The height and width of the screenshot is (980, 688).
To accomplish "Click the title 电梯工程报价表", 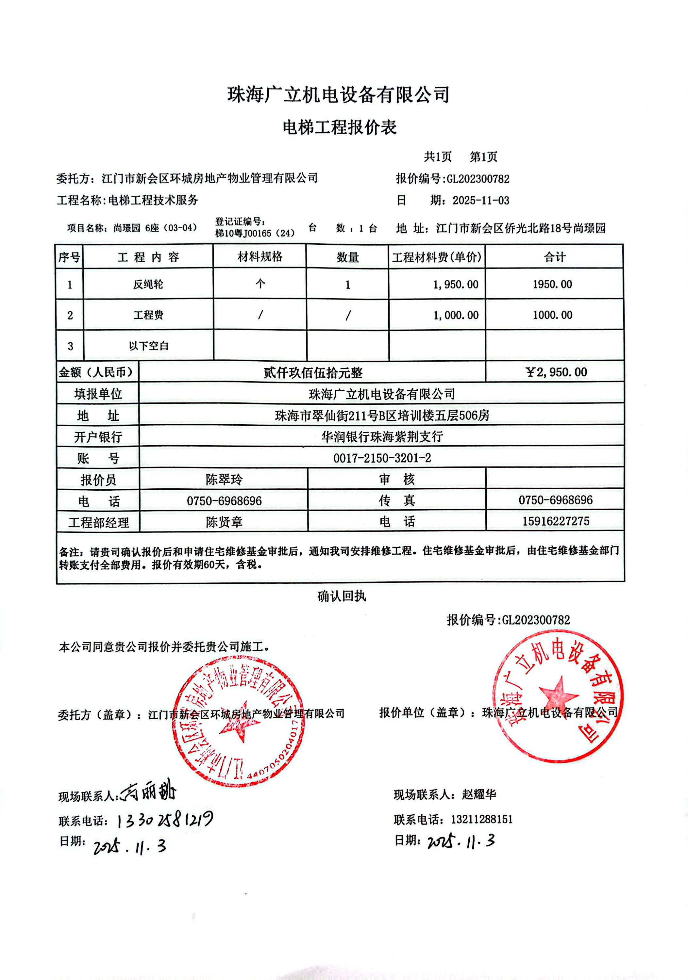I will (340, 127).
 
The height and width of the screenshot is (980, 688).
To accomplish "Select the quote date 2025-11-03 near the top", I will (481, 201).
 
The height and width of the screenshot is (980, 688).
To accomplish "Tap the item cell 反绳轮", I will (148, 284).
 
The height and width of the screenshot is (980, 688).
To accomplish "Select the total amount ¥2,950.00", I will (556, 372).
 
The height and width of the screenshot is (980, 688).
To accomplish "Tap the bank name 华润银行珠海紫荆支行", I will (382, 437).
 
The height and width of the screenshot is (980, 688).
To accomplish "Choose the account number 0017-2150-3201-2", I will (382, 458).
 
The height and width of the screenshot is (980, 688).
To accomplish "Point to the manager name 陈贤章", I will (224, 522).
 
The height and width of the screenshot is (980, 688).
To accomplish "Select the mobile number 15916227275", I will (556, 521).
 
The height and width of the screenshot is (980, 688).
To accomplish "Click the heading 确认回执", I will (342, 596).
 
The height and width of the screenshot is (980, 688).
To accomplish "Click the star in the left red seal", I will (239, 722).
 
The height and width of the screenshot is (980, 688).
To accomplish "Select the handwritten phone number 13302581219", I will (164, 820).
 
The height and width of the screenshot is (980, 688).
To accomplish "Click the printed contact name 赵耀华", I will (479, 794).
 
